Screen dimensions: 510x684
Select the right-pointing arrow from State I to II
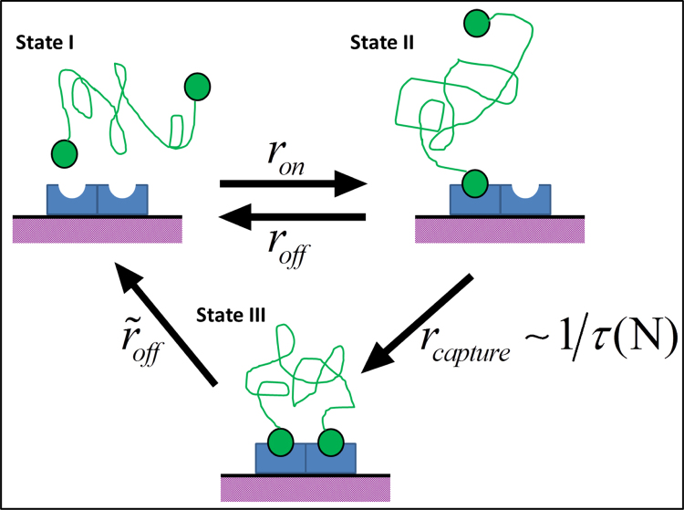point(292,185)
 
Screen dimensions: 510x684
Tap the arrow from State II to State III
point(416,323)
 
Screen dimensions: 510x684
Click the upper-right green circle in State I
point(197,87)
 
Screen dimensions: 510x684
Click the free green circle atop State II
point(477,22)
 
